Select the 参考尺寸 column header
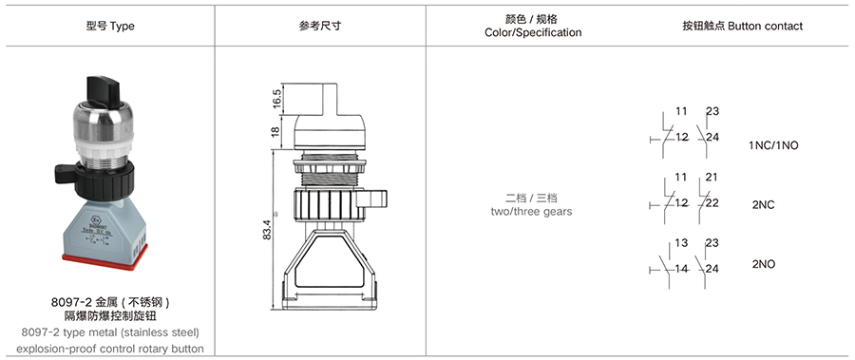tap(320, 27)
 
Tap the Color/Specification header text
tap(533, 32)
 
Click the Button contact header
tap(743, 27)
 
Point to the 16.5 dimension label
tap(275, 100)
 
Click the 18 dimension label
tap(275, 131)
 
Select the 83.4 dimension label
tap(275, 235)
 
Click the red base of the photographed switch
tap(104, 262)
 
